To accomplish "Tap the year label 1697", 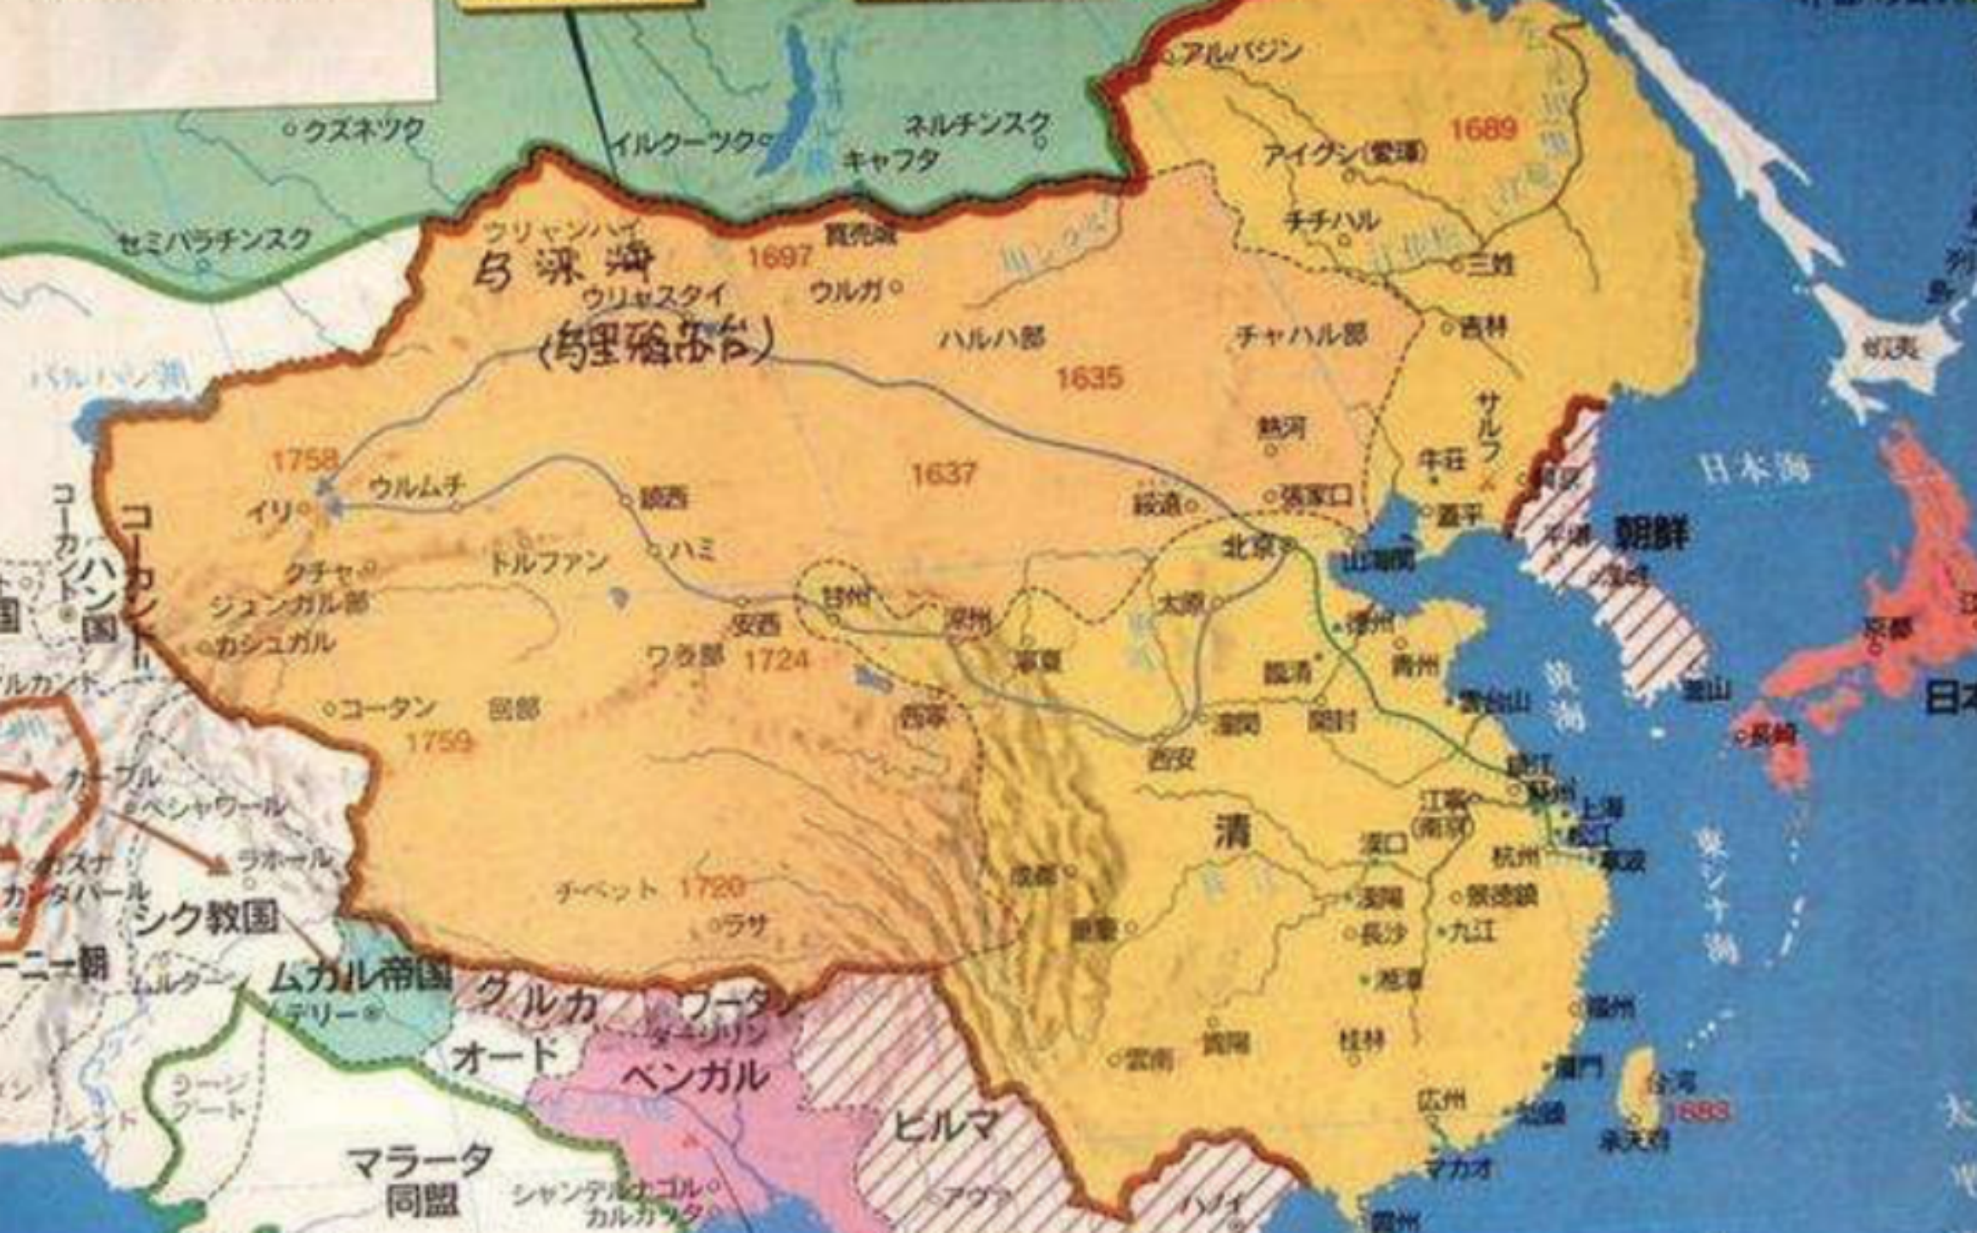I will pyautogui.click(x=779, y=256).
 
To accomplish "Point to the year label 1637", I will pyautogui.click(x=943, y=473).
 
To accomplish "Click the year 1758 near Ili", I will pyautogui.click(x=305, y=460).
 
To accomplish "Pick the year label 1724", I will pyautogui.click(x=776, y=659).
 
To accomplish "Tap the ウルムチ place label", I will pyautogui.click(x=417, y=487).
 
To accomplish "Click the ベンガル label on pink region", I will pyautogui.click(x=694, y=1076).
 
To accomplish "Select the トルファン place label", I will pyautogui.click(x=548, y=563).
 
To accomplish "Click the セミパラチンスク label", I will pyautogui.click(x=214, y=240).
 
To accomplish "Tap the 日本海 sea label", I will pyautogui.click(x=1756, y=468).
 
